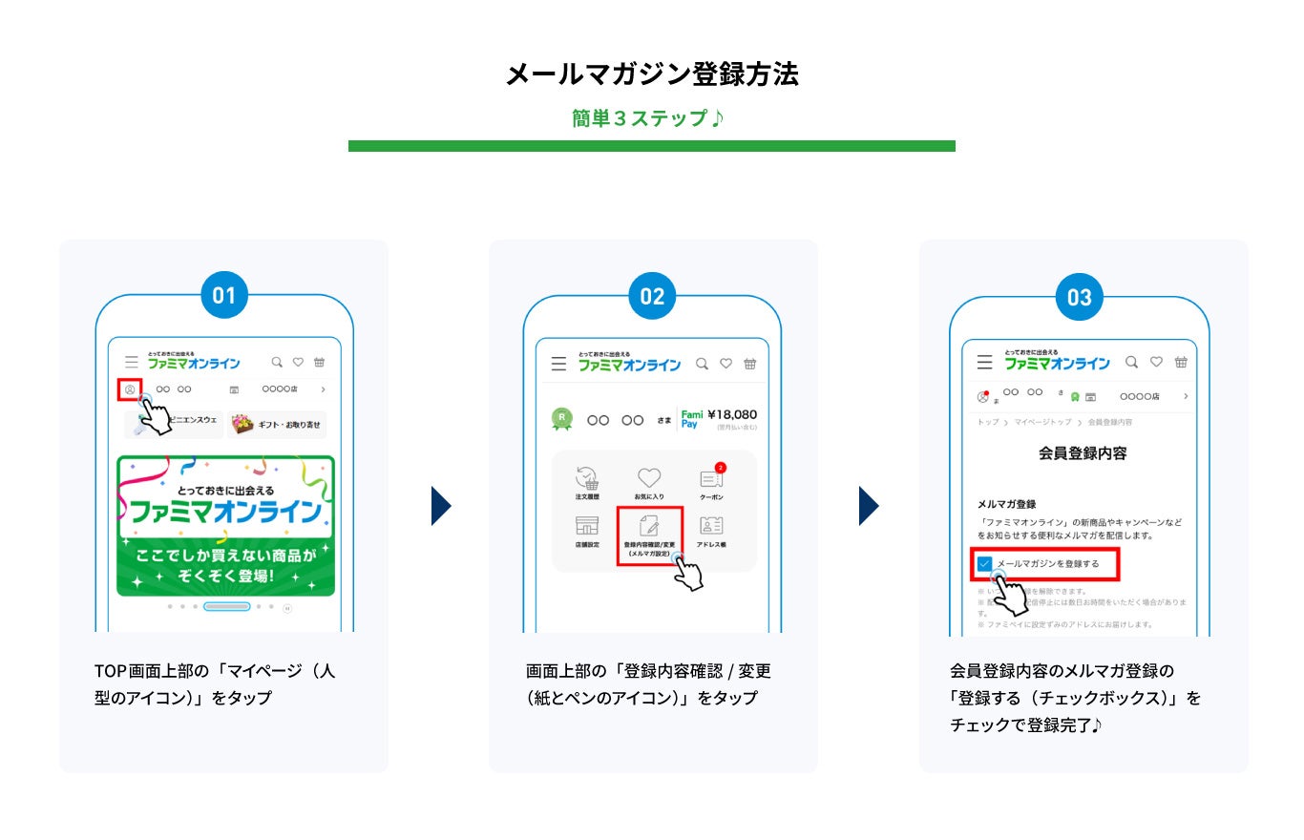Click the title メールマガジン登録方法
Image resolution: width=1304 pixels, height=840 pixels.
[651, 74]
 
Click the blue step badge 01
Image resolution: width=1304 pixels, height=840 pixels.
[223, 296]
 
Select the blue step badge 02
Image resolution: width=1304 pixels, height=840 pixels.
[652, 296]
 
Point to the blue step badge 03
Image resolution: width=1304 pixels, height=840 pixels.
[1079, 298]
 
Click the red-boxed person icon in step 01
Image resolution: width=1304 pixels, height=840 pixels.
[129, 389]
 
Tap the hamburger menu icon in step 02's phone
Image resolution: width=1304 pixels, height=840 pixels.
[558, 365]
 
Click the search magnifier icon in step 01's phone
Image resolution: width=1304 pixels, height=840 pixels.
[277, 363]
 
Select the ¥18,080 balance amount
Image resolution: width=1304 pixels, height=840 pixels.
[732, 414]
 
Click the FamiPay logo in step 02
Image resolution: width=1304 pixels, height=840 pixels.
[691, 419]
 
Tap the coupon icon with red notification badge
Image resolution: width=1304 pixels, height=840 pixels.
[711, 478]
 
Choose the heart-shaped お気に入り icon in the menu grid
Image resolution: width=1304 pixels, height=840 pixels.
[649, 478]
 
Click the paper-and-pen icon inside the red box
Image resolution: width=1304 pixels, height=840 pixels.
[649, 525]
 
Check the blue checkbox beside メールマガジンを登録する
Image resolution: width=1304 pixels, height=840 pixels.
[984, 564]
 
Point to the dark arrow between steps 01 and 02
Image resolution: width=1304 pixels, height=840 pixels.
[441, 506]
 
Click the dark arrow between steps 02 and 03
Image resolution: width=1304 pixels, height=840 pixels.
[868, 506]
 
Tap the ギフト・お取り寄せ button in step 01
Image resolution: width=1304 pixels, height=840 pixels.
[279, 424]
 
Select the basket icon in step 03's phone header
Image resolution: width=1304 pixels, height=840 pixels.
[1181, 363]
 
